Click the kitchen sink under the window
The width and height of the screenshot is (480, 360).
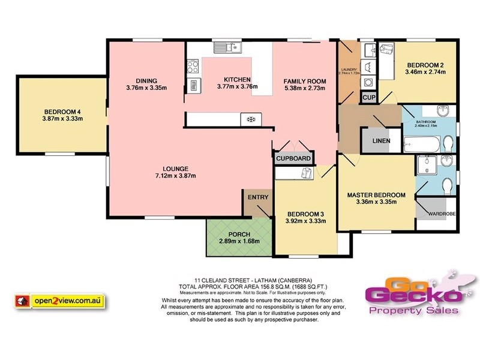click(228, 47)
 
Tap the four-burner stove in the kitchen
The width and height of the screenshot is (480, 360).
click(250, 119)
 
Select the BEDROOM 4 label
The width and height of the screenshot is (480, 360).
click(62, 112)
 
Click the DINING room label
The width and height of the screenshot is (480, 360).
click(146, 81)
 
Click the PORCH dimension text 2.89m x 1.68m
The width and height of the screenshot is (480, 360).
click(234, 241)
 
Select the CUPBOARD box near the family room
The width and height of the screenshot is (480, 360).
click(293, 158)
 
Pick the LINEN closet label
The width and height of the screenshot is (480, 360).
click(381, 142)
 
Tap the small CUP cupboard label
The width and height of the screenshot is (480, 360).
click(368, 97)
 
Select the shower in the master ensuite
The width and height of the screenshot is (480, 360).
click(427, 164)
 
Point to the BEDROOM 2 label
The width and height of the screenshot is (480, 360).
click(425, 65)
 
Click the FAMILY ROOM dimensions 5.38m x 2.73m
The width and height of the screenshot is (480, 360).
click(304, 88)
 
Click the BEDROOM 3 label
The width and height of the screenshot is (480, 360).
click(305, 214)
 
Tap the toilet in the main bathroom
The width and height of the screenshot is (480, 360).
click(448, 143)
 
